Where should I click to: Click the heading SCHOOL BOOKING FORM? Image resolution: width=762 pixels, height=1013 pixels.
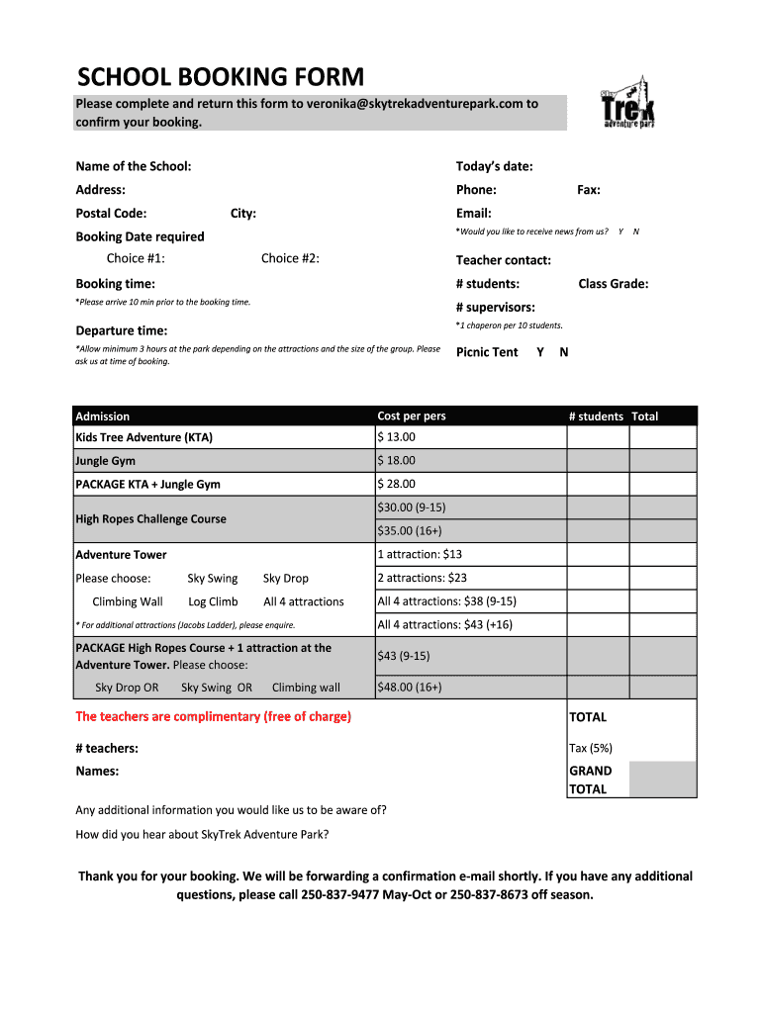221,77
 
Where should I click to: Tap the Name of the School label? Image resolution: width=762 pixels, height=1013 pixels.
134,166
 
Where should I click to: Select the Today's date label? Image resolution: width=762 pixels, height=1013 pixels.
494,166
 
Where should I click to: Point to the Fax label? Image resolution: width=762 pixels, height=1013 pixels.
589,190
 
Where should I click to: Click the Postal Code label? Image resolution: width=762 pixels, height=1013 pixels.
111,213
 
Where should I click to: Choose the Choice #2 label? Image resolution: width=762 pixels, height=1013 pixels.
290,258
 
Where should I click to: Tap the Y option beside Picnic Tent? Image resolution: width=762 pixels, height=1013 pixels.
540,352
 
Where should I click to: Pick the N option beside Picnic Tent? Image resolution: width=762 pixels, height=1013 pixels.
564,352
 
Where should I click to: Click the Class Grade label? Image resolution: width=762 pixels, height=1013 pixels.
614,284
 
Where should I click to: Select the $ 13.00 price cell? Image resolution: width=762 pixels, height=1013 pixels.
397,437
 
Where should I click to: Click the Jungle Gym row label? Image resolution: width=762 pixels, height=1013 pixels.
106,461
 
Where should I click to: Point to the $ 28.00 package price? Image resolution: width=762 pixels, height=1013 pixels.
397,484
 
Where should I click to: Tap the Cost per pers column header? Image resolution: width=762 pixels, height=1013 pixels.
412,416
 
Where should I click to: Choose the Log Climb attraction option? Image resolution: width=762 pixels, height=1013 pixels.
213,601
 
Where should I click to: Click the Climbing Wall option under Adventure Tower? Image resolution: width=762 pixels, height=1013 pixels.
128,601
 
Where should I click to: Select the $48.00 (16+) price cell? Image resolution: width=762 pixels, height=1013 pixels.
410,688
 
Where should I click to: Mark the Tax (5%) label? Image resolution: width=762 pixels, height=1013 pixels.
591,749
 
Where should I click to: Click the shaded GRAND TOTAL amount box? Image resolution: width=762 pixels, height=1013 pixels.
662,780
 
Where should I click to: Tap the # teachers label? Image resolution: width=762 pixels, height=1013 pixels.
107,749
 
